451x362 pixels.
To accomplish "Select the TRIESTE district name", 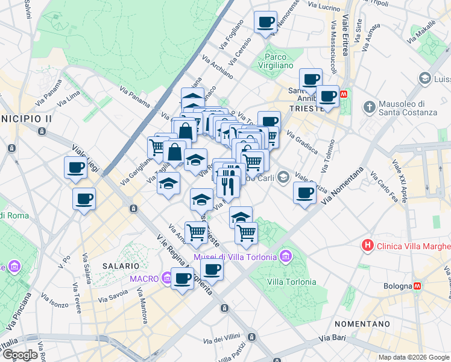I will click(x=306, y=108).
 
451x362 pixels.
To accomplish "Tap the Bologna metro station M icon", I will click(x=417, y=286).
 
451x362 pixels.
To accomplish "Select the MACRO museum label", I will click(x=143, y=278).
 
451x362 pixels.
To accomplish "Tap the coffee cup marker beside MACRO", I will click(x=182, y=279).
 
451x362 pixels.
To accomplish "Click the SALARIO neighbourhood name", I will click(x=121, y=265).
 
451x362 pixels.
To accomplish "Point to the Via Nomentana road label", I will click(x=343, y=186).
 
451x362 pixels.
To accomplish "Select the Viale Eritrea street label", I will click(x=345, y=36).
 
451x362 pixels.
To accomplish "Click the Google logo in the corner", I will click(x=20, y=355).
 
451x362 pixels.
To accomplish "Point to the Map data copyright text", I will click(x=414, y=357).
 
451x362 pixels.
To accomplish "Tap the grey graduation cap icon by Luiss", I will click(x=425, y=79).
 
